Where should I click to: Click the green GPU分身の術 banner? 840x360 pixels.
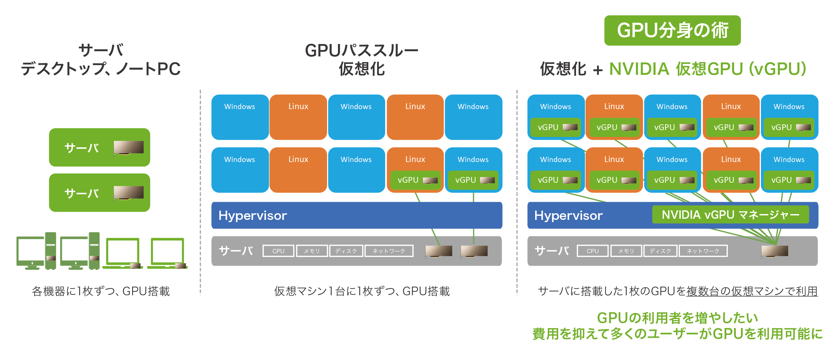tap(672, 30)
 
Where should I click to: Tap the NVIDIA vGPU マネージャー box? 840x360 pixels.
tap(730, 215)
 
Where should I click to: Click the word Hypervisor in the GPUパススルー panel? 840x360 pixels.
tap(253, 216)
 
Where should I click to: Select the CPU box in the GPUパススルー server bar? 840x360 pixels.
tap(278, 251)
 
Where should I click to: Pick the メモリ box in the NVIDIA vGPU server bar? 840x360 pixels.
tap(626, 251)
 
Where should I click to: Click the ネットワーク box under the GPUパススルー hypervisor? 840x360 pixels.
tap(389, 251)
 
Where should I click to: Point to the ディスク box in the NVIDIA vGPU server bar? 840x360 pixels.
tap(660, 251)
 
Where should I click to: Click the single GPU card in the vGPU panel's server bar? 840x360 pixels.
tap(774, 251)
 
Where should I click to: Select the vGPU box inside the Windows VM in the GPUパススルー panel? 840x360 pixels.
tap(473, 180)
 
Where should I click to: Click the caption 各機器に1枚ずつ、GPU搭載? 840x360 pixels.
tap(101, 291)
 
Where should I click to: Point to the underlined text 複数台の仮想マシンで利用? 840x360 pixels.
tap(752, 291)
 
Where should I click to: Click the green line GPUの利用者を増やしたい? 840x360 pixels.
tap(677, 318)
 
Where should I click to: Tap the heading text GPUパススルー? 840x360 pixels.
tap(361, 51)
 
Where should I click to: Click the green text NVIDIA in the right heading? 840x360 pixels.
tap(639, 69)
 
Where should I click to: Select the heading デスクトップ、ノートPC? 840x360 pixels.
tap(101, 69)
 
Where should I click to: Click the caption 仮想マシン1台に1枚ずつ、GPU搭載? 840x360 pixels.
tap(362, 291)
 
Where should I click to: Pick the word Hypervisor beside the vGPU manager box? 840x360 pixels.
tap(568, 216)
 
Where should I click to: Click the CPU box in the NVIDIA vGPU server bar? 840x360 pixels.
tap(592, 251)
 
